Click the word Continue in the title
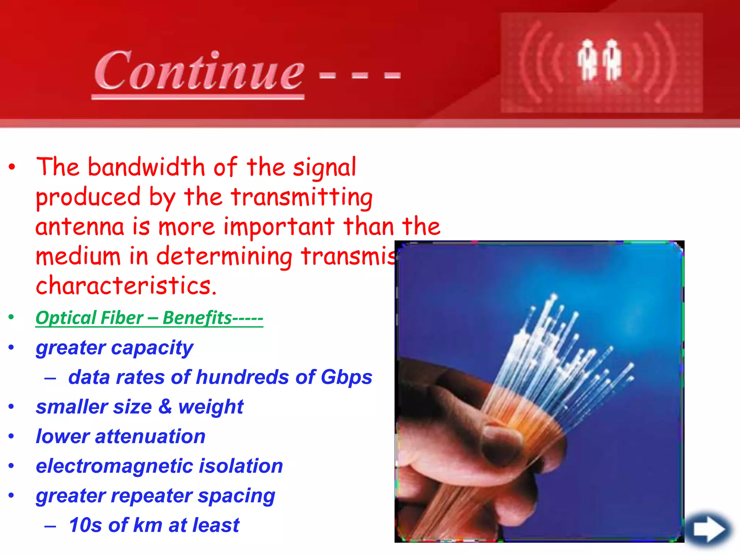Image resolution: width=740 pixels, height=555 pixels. (199, 70)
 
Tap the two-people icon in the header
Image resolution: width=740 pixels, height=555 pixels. (600, 60)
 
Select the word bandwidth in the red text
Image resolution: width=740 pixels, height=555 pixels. (146, 167)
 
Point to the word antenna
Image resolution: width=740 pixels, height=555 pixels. (79, 227)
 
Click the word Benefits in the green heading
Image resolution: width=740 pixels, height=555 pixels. (197, 318)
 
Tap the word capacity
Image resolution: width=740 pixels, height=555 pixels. (152, 348)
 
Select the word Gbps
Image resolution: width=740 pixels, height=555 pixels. (346, 378)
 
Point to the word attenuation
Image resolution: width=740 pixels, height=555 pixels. (150, 436)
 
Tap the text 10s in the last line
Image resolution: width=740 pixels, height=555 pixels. (85, 525)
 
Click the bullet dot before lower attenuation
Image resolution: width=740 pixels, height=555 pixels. (12, 436)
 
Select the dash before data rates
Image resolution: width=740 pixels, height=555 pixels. (50, 379)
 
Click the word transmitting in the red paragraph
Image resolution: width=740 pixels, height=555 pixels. (302, 197)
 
